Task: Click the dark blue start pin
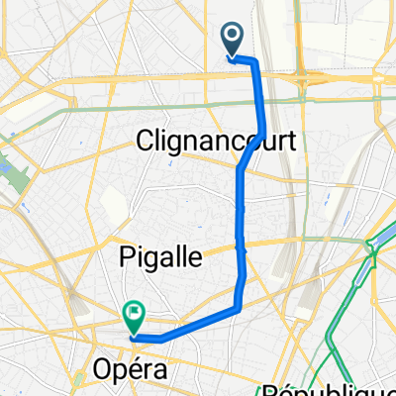(x=233, y=41)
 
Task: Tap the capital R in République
(x=267, y=389)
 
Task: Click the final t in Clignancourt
(x=290, y=142)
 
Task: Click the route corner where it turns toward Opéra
(x=238, y=310)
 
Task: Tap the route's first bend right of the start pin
(x=254, y=62)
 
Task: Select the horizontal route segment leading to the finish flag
(x=188, y=328)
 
